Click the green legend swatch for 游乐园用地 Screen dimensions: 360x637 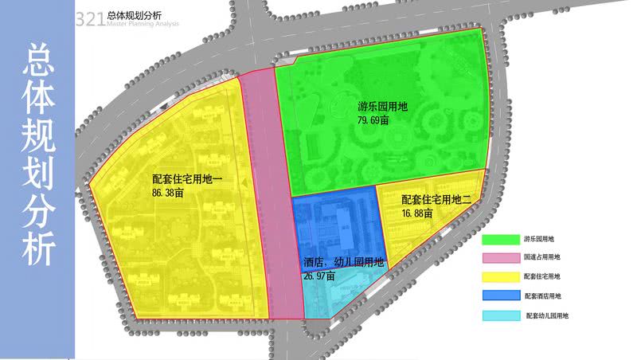(x=499, y=240)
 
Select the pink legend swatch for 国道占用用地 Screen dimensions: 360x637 (x=499, y=258)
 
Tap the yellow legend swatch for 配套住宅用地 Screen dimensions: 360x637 (x=499, y=276)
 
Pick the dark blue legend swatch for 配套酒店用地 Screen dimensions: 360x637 (x=499, y=295)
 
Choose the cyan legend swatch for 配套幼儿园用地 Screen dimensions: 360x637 (x=499, y=315)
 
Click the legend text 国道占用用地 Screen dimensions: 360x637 (x=542, y=258)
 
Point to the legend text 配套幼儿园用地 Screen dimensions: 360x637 (x=547, y=316)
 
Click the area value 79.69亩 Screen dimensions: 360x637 (x=373, y=121)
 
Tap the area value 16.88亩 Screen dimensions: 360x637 (x=417, y=213)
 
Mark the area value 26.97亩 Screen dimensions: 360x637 (x=319, y=275)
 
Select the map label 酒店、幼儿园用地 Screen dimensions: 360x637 (x=344, y=262)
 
